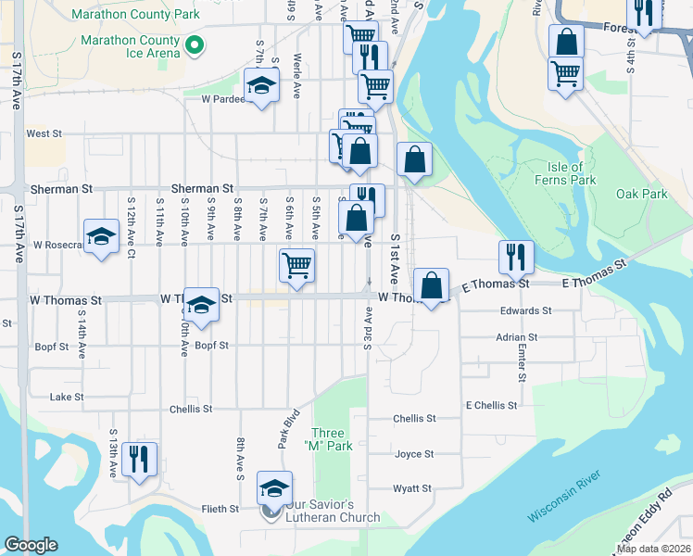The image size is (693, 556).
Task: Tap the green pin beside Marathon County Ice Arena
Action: tap(195, 44)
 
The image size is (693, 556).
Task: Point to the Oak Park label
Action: tap(641, 195)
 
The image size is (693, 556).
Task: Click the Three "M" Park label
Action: tap(331, 439)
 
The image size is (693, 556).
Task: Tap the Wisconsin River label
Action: tap(565, 496)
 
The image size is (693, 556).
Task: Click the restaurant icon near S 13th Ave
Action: tap(139, 459)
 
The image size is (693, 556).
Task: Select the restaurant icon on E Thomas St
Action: tap(516, 257)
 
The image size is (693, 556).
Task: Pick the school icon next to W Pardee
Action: tap(262, 86)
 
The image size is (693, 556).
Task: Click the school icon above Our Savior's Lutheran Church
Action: tap(274, 487)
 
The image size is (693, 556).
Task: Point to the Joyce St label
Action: tap(414, 454)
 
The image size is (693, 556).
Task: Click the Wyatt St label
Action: tap(412, 488)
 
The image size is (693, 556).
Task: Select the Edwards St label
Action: tap(525, 311)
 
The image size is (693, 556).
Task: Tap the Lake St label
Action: tap(67, 397)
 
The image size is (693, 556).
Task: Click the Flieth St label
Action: tap(220, 509)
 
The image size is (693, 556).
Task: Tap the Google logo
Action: tap(31, 545)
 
